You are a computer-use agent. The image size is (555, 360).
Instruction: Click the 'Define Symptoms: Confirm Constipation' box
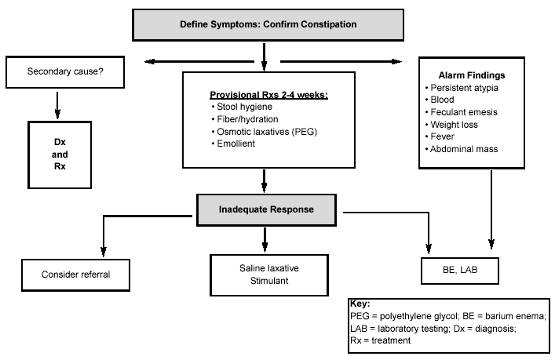268,25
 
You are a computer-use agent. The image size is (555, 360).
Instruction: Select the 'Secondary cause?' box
65,72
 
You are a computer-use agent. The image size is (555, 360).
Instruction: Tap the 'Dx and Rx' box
60,155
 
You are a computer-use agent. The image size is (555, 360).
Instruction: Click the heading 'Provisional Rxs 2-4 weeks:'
268,95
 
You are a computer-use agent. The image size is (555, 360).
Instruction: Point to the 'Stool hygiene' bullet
242,107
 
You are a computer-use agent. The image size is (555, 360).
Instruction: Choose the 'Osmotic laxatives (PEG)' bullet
265,132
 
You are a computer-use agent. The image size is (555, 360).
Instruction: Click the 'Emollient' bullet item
233,144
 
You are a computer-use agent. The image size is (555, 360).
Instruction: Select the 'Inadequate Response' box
266,209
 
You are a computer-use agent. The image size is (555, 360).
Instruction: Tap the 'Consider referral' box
75,275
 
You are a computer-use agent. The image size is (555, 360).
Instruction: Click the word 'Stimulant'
269,281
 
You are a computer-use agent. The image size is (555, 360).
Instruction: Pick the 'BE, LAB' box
460,271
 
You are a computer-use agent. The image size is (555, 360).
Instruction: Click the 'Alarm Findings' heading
472,75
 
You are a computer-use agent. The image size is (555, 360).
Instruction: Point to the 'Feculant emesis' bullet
462,112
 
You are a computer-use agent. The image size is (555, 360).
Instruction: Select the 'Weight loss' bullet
451,125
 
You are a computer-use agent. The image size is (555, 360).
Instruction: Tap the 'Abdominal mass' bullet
462,149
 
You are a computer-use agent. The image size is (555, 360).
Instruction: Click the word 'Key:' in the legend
360,304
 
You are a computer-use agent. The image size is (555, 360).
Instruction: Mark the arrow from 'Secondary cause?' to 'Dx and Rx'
57,105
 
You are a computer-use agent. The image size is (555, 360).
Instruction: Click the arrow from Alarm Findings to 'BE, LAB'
491,209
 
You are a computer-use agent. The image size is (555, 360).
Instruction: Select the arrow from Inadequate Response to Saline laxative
265,240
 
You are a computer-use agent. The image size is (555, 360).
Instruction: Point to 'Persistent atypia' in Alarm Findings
462,88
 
